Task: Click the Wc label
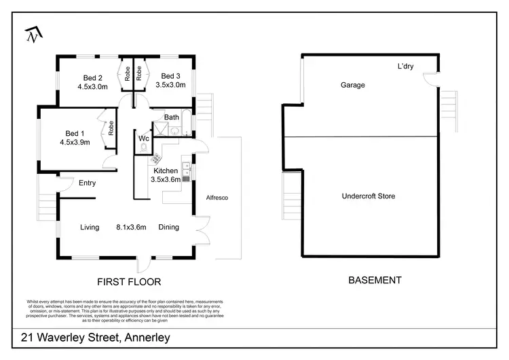point(144,139)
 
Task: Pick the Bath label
point(171,117)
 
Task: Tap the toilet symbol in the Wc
point(144,147)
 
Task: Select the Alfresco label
point(216,197)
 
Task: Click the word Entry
point(87,183)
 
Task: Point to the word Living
point(90,228)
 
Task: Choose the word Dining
point(169,228)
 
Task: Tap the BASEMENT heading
point(374,280)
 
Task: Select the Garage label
point(353,86)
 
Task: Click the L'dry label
point(406,67)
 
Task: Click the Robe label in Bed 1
point(111,128)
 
